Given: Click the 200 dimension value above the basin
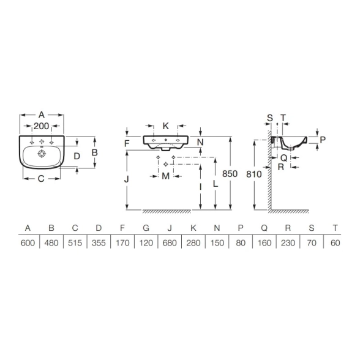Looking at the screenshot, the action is [x=42, y=126].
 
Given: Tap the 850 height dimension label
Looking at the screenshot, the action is [x=230, y=174].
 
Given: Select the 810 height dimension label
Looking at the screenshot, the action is [x=254, y=174].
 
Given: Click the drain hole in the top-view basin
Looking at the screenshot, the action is [x=42, y=154].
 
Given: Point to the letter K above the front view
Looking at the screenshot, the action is [x=165, y=126].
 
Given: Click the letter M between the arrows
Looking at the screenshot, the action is [x=165, y=176].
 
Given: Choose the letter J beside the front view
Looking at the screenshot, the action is [x=126, y=179].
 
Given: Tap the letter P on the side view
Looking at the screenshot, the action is [x=323, y=140].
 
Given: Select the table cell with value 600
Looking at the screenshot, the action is [x=28, y=242].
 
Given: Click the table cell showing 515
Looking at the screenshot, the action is [x=75, y=242].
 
